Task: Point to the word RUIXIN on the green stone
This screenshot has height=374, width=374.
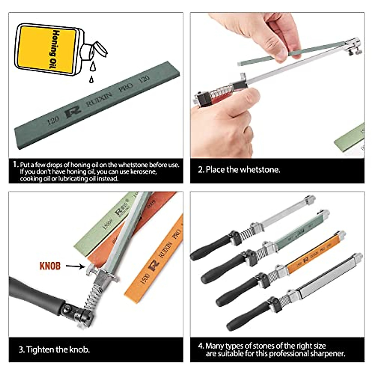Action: (99, 99)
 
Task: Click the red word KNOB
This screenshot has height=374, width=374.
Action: (50, 266)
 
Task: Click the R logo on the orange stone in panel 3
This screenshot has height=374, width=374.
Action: (153, 265)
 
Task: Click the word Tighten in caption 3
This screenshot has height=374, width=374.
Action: (40, 349)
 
